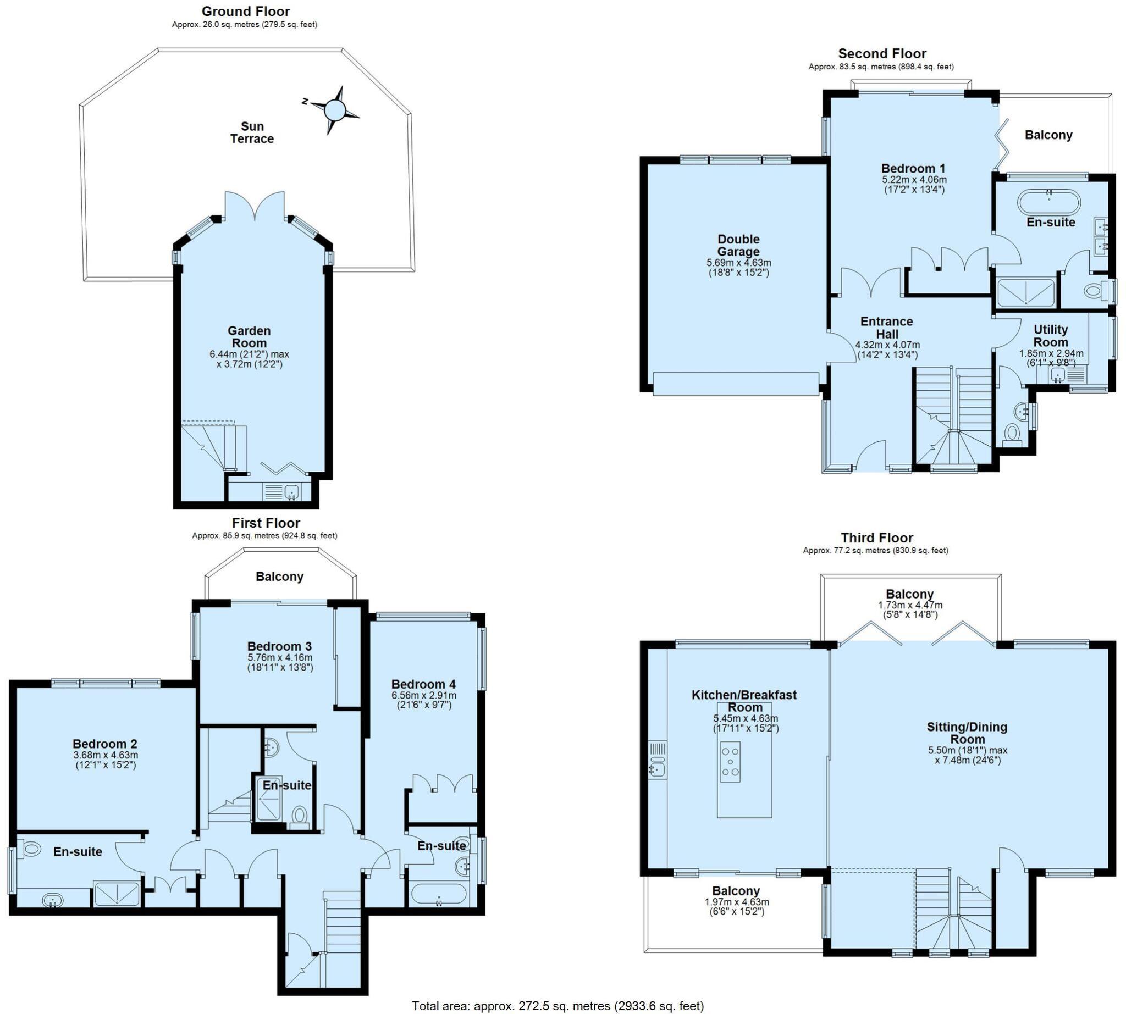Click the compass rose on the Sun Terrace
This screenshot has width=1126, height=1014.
tap(334, 109)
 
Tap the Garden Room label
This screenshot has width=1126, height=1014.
tap(249, 336)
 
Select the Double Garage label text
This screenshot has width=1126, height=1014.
tap(738, 245)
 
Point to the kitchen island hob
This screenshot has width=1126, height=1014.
tap(730, 762)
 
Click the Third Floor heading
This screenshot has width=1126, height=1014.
tap(876, 538)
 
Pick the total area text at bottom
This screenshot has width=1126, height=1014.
tap(558, 1006)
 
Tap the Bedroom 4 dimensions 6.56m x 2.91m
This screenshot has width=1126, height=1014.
tap(424, 695)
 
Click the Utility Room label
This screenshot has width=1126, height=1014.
tap(1050, 335)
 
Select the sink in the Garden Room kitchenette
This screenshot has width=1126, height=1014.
tap(291, 491)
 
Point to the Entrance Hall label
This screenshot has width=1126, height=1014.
tap(886, 328)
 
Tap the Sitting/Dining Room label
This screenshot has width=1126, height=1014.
tap(967, 733)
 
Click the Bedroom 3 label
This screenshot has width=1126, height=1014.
tap(279, 646)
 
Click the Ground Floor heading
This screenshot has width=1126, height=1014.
tap(245, 11)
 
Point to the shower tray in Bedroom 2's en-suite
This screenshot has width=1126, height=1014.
tap(117, 893)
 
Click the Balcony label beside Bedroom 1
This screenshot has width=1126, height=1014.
tap(1048, 135)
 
